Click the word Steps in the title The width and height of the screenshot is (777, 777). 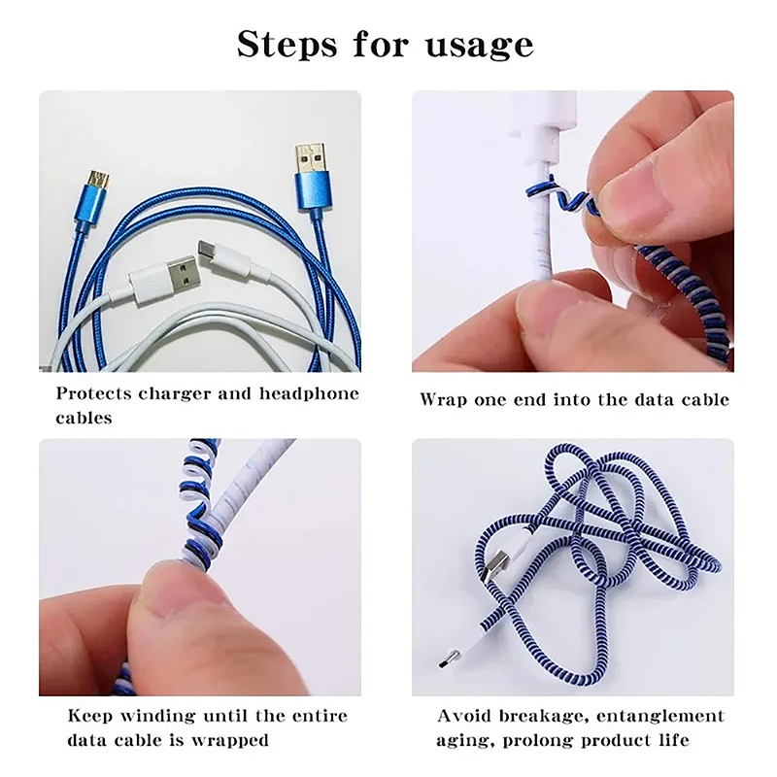click(287, 44)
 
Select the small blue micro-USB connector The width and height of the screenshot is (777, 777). click(92, 198)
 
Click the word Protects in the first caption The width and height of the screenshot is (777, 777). click(93, 394)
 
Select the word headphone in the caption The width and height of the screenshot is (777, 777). click(309, 394)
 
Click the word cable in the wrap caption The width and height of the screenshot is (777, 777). click(706, 399)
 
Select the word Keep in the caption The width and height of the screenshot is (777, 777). click(89, 717)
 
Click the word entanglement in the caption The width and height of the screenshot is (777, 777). click(660, 717)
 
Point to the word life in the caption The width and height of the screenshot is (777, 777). click(674, 740)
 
